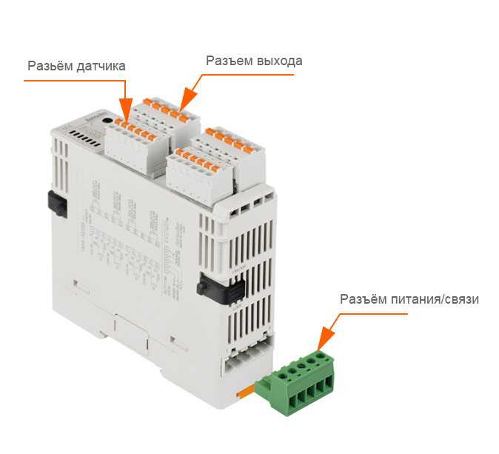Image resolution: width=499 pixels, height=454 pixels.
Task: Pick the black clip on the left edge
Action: click(x=54, y=201)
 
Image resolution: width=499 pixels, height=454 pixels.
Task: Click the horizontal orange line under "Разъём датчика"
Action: click(x=74, y=81)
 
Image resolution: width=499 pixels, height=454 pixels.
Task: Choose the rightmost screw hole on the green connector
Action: click(x=321, y=356)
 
